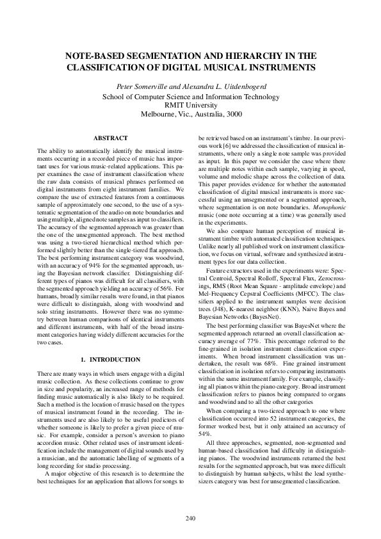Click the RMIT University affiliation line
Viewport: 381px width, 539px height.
(190, 105)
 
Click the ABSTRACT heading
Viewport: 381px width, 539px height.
(110, 138)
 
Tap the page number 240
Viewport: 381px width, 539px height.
(190, 517)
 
